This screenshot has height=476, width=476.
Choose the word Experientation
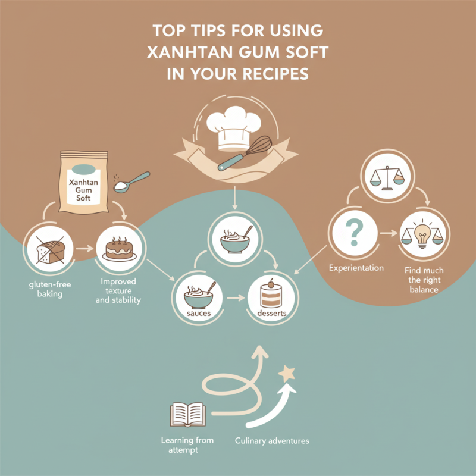click(x=356, y=268)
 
